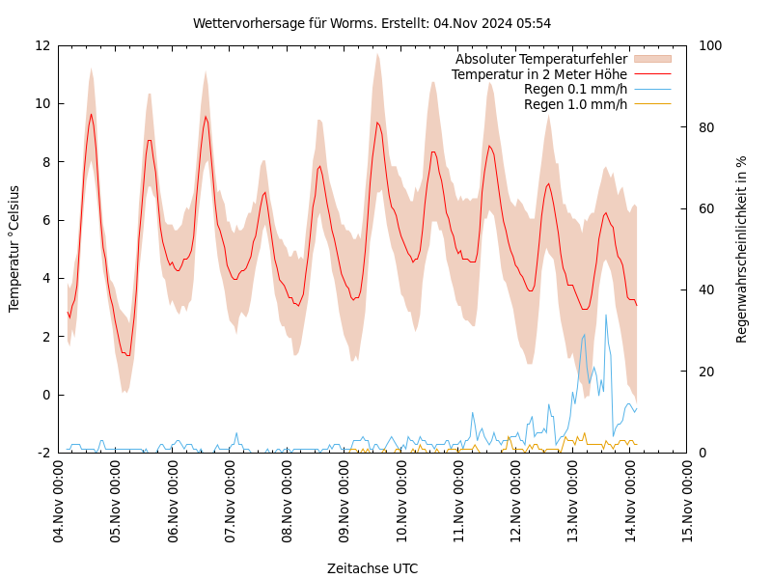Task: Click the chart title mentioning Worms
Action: pyautogui.click(x=372, y=23)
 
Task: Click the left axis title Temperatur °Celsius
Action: pyautogui.click(x=14, y=248)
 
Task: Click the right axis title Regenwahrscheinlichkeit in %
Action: pyautogui.click(x=742, y=249)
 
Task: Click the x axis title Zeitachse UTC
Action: pyautogui.click(x=372, y=568)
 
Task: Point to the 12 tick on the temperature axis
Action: pyautogui.click(x=41, y=45)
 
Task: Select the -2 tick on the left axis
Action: pyautogui.click(x=43, y=453)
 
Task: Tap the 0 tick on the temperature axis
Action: pyautogui.click(x=46, y=395)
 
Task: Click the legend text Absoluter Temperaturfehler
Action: pyautogui.click(x=541, y=59)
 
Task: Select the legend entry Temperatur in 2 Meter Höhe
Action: pyautogui.click(x=539, y=74)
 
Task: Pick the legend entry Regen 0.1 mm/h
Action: pyautogui.click(x=575, y=89)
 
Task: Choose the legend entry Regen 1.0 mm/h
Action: pyautogui.click(x=575, y=103)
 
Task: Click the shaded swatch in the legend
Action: pyautogui.click(x=652, y=59)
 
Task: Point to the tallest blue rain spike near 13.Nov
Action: pyautogui.click(x=606, y=315)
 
